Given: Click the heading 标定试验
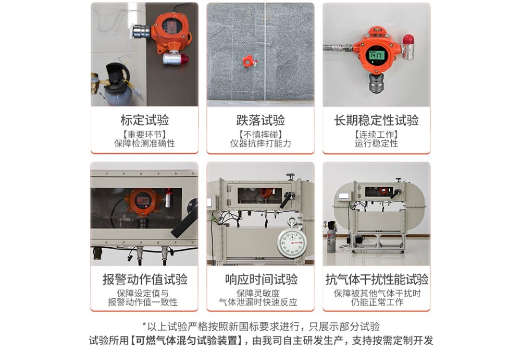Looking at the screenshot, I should (144, 120).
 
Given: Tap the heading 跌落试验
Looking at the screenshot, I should (260, 120).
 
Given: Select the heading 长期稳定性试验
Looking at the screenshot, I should (376, 120).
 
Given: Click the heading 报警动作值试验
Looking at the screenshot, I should (144, 279).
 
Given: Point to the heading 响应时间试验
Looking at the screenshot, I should (260, 279).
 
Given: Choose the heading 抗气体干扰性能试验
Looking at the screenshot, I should (376, 279).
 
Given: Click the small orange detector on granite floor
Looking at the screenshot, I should (249, 61).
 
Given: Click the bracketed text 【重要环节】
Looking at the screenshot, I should (144, 135).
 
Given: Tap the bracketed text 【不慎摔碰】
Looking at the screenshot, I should (260, 135).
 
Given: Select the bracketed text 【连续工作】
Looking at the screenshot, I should (376, 135).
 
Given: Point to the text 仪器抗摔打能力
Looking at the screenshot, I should (260, 143).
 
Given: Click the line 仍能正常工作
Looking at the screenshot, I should (376, 302).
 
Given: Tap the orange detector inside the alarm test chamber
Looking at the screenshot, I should (142, 201).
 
